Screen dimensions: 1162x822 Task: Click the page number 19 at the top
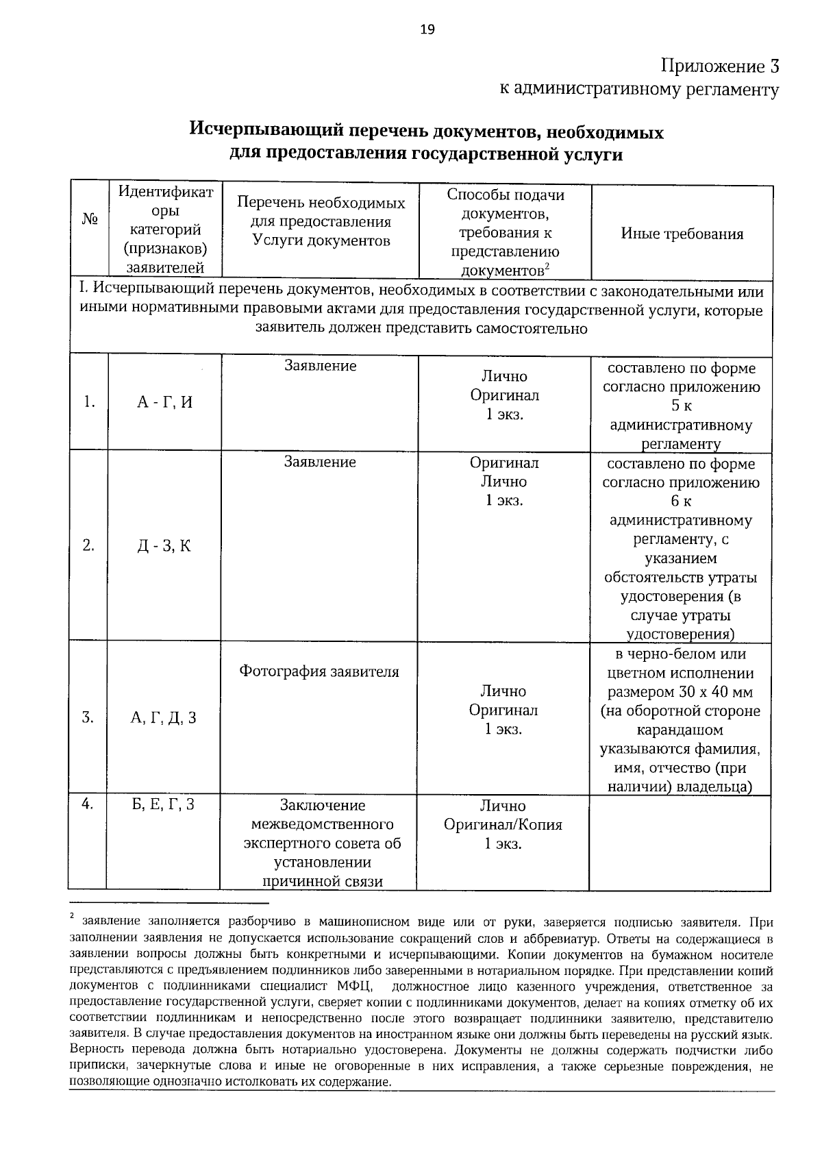(427, 29)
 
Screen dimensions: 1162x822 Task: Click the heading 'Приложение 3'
(719, 66)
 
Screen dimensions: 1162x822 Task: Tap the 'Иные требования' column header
(682, 234)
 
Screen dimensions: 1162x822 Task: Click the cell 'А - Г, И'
(164, 403)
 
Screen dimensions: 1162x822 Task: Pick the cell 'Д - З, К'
(164, 546)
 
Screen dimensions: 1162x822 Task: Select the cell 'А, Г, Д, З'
(164, 718)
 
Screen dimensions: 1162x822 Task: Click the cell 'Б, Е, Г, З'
(163, 804)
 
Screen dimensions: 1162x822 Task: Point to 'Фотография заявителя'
(319, 671)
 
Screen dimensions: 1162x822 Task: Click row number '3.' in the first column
(88, 718)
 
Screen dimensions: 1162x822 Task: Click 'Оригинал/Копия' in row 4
(503, 825)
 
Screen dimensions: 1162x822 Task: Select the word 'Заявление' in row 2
(320, 462)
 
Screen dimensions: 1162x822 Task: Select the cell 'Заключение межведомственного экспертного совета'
(322, 843)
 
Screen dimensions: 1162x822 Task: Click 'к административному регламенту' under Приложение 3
(638, 90)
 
